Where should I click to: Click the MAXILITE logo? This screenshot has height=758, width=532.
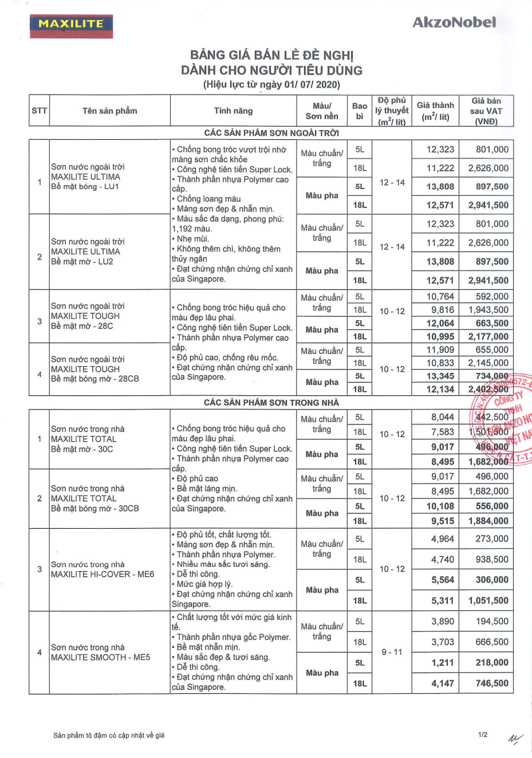tap(71, 25)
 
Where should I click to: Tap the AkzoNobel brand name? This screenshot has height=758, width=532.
tap(454, 22)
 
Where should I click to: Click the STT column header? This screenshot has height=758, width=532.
tap(40, 111)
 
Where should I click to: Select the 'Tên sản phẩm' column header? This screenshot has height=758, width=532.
tap(110, 111)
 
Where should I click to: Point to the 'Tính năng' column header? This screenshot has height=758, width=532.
tap(233, 111)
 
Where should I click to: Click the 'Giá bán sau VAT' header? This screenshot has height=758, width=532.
tap(486, 111)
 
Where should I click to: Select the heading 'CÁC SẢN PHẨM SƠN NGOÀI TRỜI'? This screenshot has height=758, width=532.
tap(271, 133)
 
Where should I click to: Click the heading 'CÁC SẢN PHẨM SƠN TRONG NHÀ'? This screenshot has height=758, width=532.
tap(271, 402)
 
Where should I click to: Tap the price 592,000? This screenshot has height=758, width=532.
tap(492, 297)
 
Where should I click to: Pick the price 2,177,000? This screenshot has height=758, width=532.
tap(488, 336)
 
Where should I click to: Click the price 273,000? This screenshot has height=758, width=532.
tap(492, 539)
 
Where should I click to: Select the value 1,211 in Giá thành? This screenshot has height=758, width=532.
tap(443, 663)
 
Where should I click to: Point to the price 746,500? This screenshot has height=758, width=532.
tap(492, 683)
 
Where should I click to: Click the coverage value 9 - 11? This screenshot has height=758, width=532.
tap(392, 652)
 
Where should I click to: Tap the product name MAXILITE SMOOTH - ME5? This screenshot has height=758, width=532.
tap(100, 657)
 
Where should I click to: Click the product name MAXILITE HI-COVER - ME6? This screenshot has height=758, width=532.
tap(103, 574)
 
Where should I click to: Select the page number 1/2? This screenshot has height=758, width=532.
tap(483, 735)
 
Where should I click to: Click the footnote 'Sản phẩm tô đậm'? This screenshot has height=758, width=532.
tap(109, 735)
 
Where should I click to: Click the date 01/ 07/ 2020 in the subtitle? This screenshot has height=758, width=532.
tap(312, 85)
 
